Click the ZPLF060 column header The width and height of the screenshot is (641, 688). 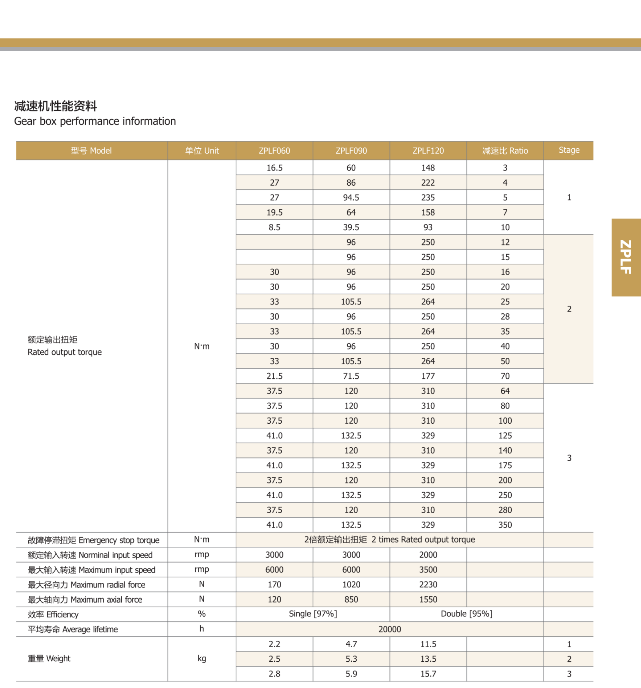coord(274,151)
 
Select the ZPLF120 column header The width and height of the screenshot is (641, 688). coord(428,151)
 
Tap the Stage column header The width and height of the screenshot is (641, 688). coord(569,150)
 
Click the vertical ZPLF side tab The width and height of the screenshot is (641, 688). coord(626,257)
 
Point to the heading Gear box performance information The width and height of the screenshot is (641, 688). coord(95,121)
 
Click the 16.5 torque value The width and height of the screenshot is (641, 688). coord(274,168)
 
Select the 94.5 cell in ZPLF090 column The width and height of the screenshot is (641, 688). coord(351,198)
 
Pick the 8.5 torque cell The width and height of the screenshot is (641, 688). coord(274,227)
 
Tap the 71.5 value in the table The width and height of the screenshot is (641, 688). coord(351,376)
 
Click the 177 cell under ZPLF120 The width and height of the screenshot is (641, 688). coord(428,376)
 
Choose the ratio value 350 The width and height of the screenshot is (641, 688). coord(505,525)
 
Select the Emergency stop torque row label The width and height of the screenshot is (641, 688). coord(93,540)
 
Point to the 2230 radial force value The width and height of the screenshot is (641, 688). coord(428,585)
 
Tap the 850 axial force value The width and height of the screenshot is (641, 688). coord(351,599)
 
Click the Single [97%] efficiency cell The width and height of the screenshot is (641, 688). coord(313,614)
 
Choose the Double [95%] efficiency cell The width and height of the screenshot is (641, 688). coord(466,614)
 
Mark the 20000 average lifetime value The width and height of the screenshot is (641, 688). coord(390,629)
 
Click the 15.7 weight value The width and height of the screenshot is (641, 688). coord(428,674)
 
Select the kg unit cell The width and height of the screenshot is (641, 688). coord(201,658)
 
